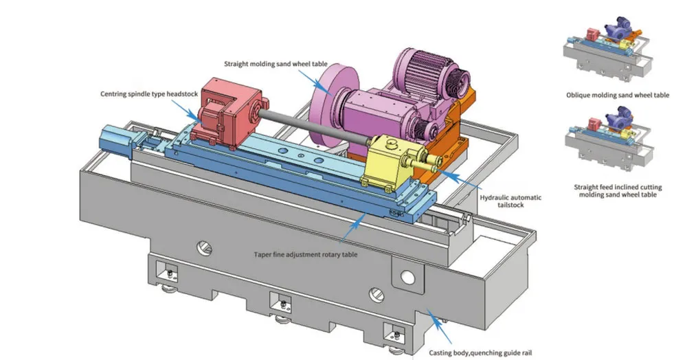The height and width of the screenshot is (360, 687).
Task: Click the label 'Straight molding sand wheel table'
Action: [276, 64]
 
